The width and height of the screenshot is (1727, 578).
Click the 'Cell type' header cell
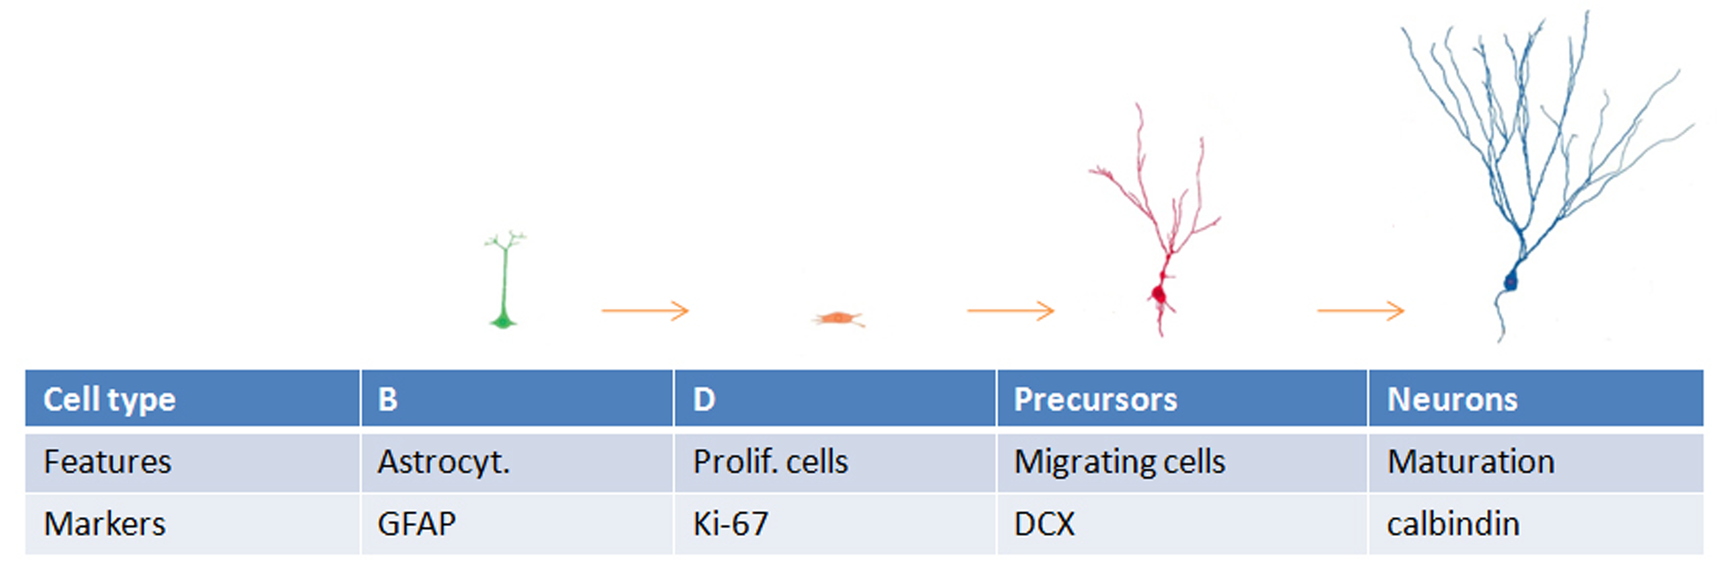192,398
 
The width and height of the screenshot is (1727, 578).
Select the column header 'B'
517,398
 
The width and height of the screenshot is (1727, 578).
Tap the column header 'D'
835,398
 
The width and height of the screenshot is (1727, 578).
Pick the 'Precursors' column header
1182,398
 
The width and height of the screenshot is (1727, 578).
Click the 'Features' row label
192,463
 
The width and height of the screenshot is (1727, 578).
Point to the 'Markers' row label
192,524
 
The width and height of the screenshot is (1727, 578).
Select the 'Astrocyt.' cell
517,463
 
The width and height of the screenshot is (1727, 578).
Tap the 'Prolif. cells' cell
835,463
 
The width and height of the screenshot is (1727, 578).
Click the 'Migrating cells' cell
1182,463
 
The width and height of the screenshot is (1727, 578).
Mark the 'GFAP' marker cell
517,524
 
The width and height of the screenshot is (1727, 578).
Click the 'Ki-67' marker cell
835,524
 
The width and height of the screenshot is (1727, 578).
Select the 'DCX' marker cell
1182,524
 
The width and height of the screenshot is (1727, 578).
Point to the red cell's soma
1158,294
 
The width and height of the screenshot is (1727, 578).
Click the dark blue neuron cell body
1510,281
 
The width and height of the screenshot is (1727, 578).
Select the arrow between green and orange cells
645,310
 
